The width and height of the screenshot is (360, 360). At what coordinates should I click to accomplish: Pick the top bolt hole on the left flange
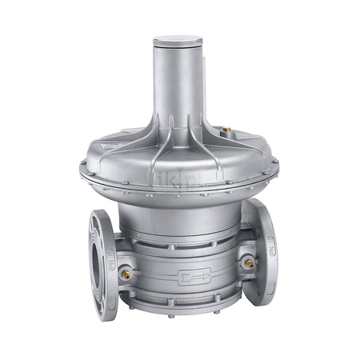(x=98, y=218)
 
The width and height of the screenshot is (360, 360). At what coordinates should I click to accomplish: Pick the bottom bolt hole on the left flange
(x=102, y=303)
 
